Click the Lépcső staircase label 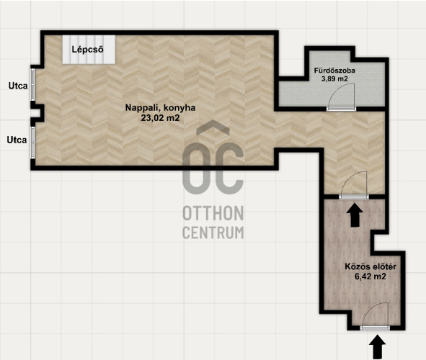(x=87, y=50)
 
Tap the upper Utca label (x=18, y=86)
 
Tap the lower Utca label (x=17, y=140)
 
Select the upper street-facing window (x=32, y=84)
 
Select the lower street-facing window (x=32, y=143)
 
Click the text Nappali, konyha (x=160, y=108)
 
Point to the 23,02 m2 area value (x=160, y=118)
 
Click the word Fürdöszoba (x=334, y=71)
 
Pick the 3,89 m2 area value (x=334, y=78)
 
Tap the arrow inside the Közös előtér (x=354, y=215)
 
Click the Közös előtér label (x=370, y=266)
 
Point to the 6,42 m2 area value (x=370, y=276)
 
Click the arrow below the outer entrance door (x=378, y=347)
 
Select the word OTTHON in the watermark (x=213, y=213)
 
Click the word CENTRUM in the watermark (x=213, y=233)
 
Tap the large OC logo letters (x=213, y=168)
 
